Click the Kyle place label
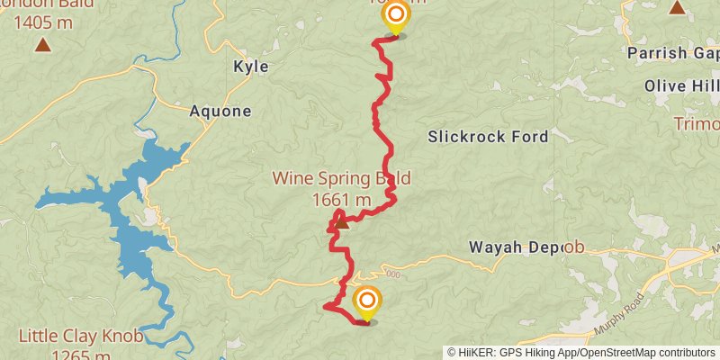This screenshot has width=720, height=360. tap(250, 66)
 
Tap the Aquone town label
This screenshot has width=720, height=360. tap(220, 112)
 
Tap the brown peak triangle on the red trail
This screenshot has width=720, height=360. tap(341, 222)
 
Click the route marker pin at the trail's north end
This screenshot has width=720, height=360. tap(394, 16)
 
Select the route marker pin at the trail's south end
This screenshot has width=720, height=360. tap(366, 302)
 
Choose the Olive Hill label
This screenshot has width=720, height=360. tap(681, 85)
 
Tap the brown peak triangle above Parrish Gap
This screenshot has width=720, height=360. tap(677, 8)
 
